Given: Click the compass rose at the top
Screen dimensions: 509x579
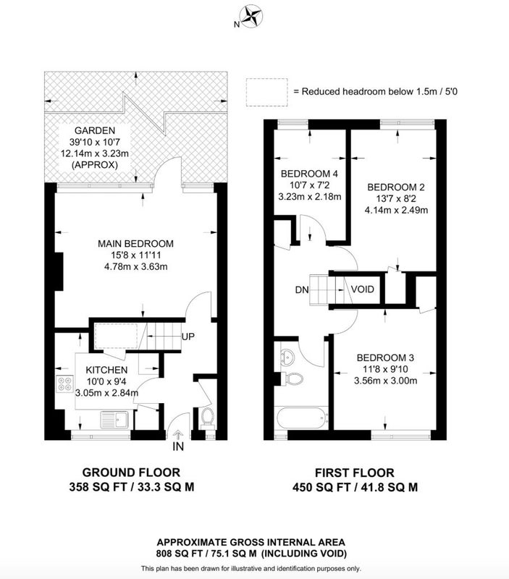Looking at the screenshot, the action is [x=251, y=17].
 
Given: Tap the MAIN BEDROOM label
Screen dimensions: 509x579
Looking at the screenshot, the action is [x=135, y=244].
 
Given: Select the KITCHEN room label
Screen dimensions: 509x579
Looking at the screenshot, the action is [x=106, y=370].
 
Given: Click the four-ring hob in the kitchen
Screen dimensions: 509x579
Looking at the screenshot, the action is [x=65, y=384].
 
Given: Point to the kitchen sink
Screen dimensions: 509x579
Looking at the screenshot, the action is [x=114, y=420].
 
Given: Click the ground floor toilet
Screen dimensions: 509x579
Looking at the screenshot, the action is [x=207, y=418].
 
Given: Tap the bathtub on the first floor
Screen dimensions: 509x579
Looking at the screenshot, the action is [x=302, y=418].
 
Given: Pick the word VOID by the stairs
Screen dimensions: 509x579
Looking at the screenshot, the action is [x=362, y=289].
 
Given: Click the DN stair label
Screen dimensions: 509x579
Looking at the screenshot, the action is [x=302, y=290].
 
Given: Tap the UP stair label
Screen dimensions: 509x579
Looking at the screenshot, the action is [x=188, y=337].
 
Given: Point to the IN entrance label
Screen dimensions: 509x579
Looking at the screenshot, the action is [x=178, y=447].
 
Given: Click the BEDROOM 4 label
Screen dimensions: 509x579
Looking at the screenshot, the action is [x=309, y=174].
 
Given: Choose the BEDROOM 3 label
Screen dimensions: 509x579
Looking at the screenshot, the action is [x=385, y=358].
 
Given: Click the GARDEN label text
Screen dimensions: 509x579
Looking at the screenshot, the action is [x=95, y=130].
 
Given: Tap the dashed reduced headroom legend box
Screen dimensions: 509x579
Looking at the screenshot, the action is [x=266, y=93].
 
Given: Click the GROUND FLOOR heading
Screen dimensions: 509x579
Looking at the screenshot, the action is [x=131, y=473].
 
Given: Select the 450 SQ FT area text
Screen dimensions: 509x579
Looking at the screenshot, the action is [x=321, y=487].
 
